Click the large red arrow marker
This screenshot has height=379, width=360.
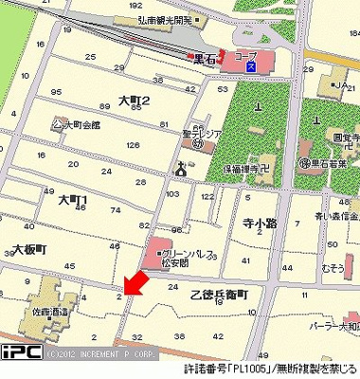tap(135, 281)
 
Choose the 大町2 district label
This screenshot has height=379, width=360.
tap(136, 99)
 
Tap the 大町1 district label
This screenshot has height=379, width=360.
tap(72, 200)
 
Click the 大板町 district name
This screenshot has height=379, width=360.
tap(29, 248)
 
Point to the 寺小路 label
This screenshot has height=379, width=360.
tap(258, 225)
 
